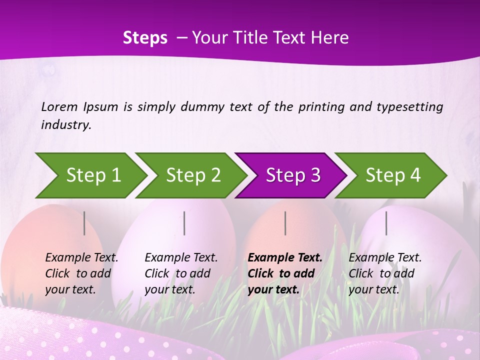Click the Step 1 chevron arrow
click(x=93, y=175)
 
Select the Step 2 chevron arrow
click(x=193, y=175)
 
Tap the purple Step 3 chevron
click(x=293, y=175)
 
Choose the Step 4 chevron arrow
click(x=393, y=175)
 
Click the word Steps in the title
click(x=145, y=38)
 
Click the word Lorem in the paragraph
click(x=59, y=106)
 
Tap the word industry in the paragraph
click(x=66, y=124)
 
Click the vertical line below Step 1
click(x=84, y=223)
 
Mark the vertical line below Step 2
click(x=184, y=223)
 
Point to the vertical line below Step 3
click(x=285, y=223)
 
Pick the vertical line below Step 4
click(x=386, y=223)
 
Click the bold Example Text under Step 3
click(x=285, y=258)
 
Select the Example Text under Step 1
click(x=81, y=258)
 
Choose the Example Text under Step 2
click(x=181, y=258)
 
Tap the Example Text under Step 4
click(x=385, y=258)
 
